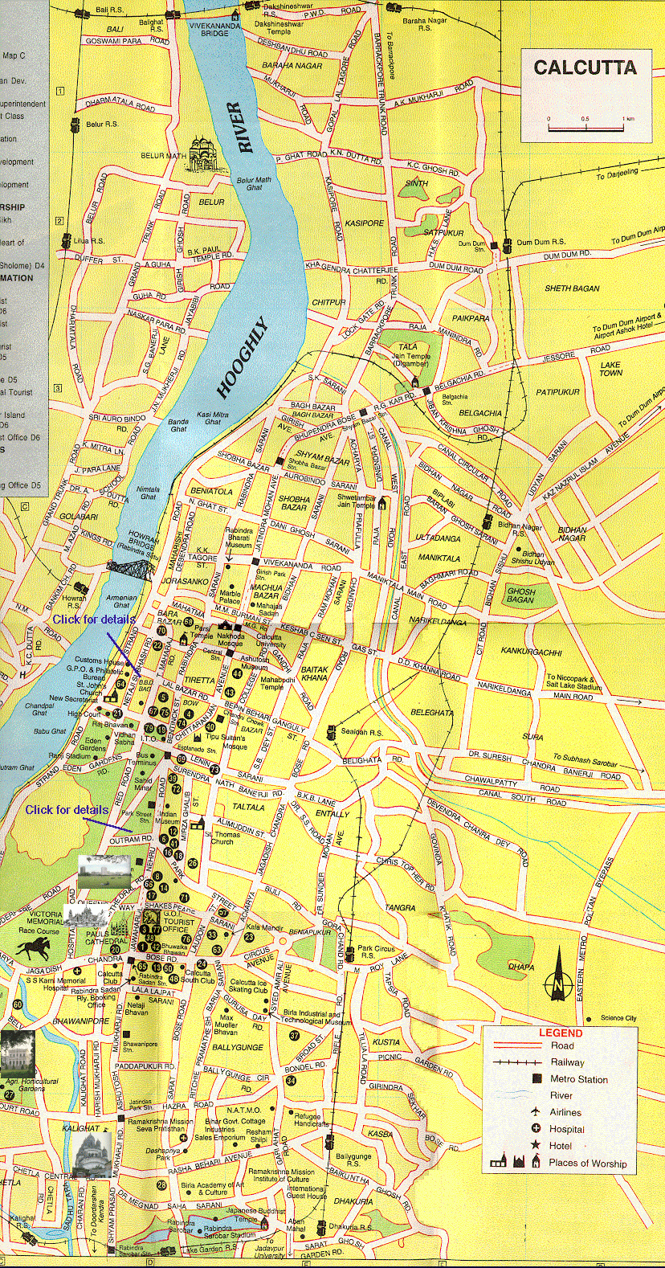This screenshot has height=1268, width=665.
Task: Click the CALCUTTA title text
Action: (585, 67)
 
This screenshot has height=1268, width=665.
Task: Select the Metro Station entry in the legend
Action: (578, 1079)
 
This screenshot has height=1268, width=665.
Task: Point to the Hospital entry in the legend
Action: (566, 1129)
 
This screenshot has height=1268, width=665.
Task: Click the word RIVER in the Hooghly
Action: (240, 127)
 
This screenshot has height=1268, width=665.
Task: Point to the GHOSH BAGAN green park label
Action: (520, 595)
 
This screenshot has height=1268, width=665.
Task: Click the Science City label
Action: (618, 1018)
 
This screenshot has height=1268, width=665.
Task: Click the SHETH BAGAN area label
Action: (572, 288)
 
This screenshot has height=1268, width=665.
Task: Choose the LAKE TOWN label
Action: (610, 369)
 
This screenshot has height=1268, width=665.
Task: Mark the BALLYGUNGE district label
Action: (238, 1048)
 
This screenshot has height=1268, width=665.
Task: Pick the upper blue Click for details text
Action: (94, 620)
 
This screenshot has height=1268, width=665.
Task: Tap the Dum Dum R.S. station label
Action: (541, 242)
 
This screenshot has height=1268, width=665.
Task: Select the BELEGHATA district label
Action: (432, 712)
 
